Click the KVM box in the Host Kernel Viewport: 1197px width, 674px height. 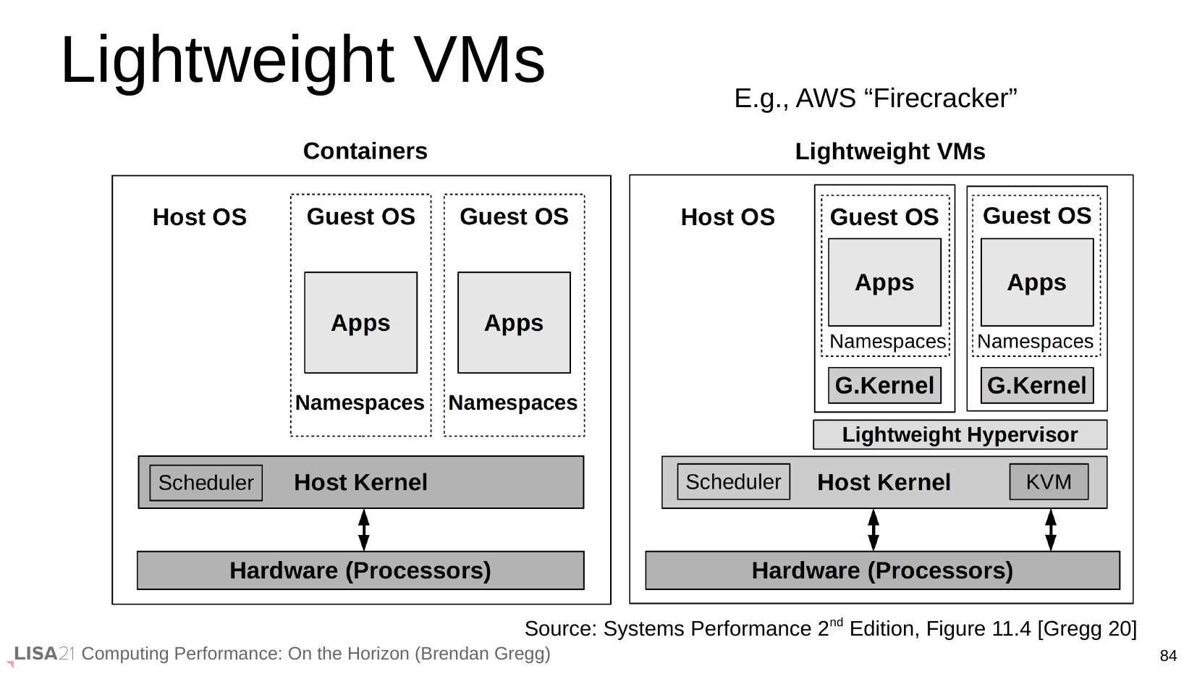tap(1048, 481)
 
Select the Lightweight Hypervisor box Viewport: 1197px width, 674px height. tap(960, 434)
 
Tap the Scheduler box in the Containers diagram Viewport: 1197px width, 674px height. tap(206, 483)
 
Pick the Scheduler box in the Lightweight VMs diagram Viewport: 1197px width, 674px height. tap(733, 481)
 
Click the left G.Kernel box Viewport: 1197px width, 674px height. tap(884, 385)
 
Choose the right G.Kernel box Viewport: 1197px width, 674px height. tap(1036, 385)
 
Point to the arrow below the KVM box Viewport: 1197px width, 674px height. tap(1051, 530)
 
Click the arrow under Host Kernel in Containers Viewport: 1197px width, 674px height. tap(364, 530)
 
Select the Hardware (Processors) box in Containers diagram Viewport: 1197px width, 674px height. tap(360, 570)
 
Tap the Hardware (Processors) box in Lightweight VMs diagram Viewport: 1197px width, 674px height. tap(882, 570)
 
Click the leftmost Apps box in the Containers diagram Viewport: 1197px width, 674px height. tap(360, 322)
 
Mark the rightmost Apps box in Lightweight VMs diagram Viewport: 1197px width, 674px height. tap(1036, 282)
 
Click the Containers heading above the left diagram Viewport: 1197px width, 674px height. tap(365, 151)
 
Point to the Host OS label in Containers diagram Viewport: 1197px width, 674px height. tap(199, 217)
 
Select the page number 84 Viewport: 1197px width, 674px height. tap(1168, 656)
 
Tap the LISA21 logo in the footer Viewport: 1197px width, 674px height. tap(43, 654)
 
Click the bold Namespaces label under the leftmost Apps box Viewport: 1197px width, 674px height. tap(360, 403)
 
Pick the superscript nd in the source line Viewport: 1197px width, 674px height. tap(836, 622)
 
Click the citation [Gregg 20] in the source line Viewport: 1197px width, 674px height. tap(1087, 628)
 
